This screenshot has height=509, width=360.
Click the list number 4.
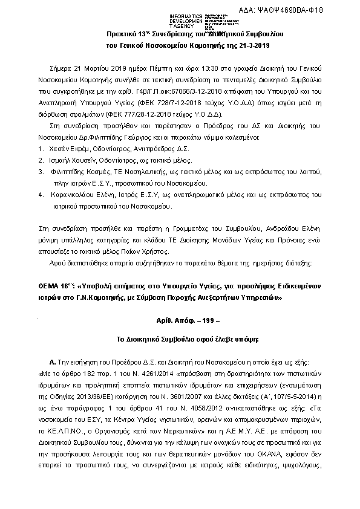(41, 195)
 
